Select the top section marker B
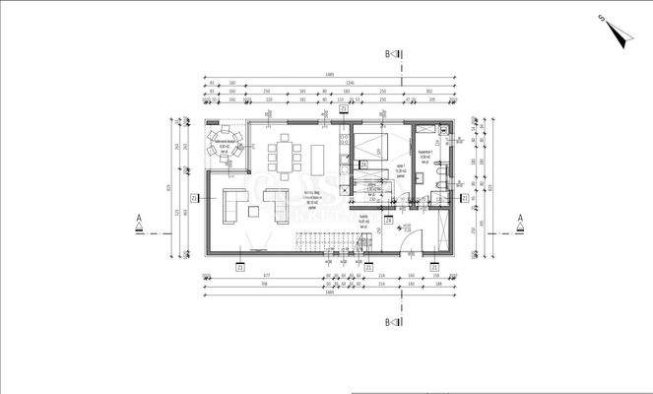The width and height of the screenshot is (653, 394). [x=392, y=55]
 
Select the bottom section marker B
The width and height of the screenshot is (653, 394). [x=392, y=322]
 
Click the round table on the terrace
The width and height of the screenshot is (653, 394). [x=223, y=149]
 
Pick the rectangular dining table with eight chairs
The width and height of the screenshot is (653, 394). [x=287, y=156]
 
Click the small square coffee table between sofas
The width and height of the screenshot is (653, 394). [x=254, y=209]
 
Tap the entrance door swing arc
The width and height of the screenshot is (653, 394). [x=413, y=238]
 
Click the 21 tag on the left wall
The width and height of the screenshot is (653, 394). [x=195, y=197]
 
